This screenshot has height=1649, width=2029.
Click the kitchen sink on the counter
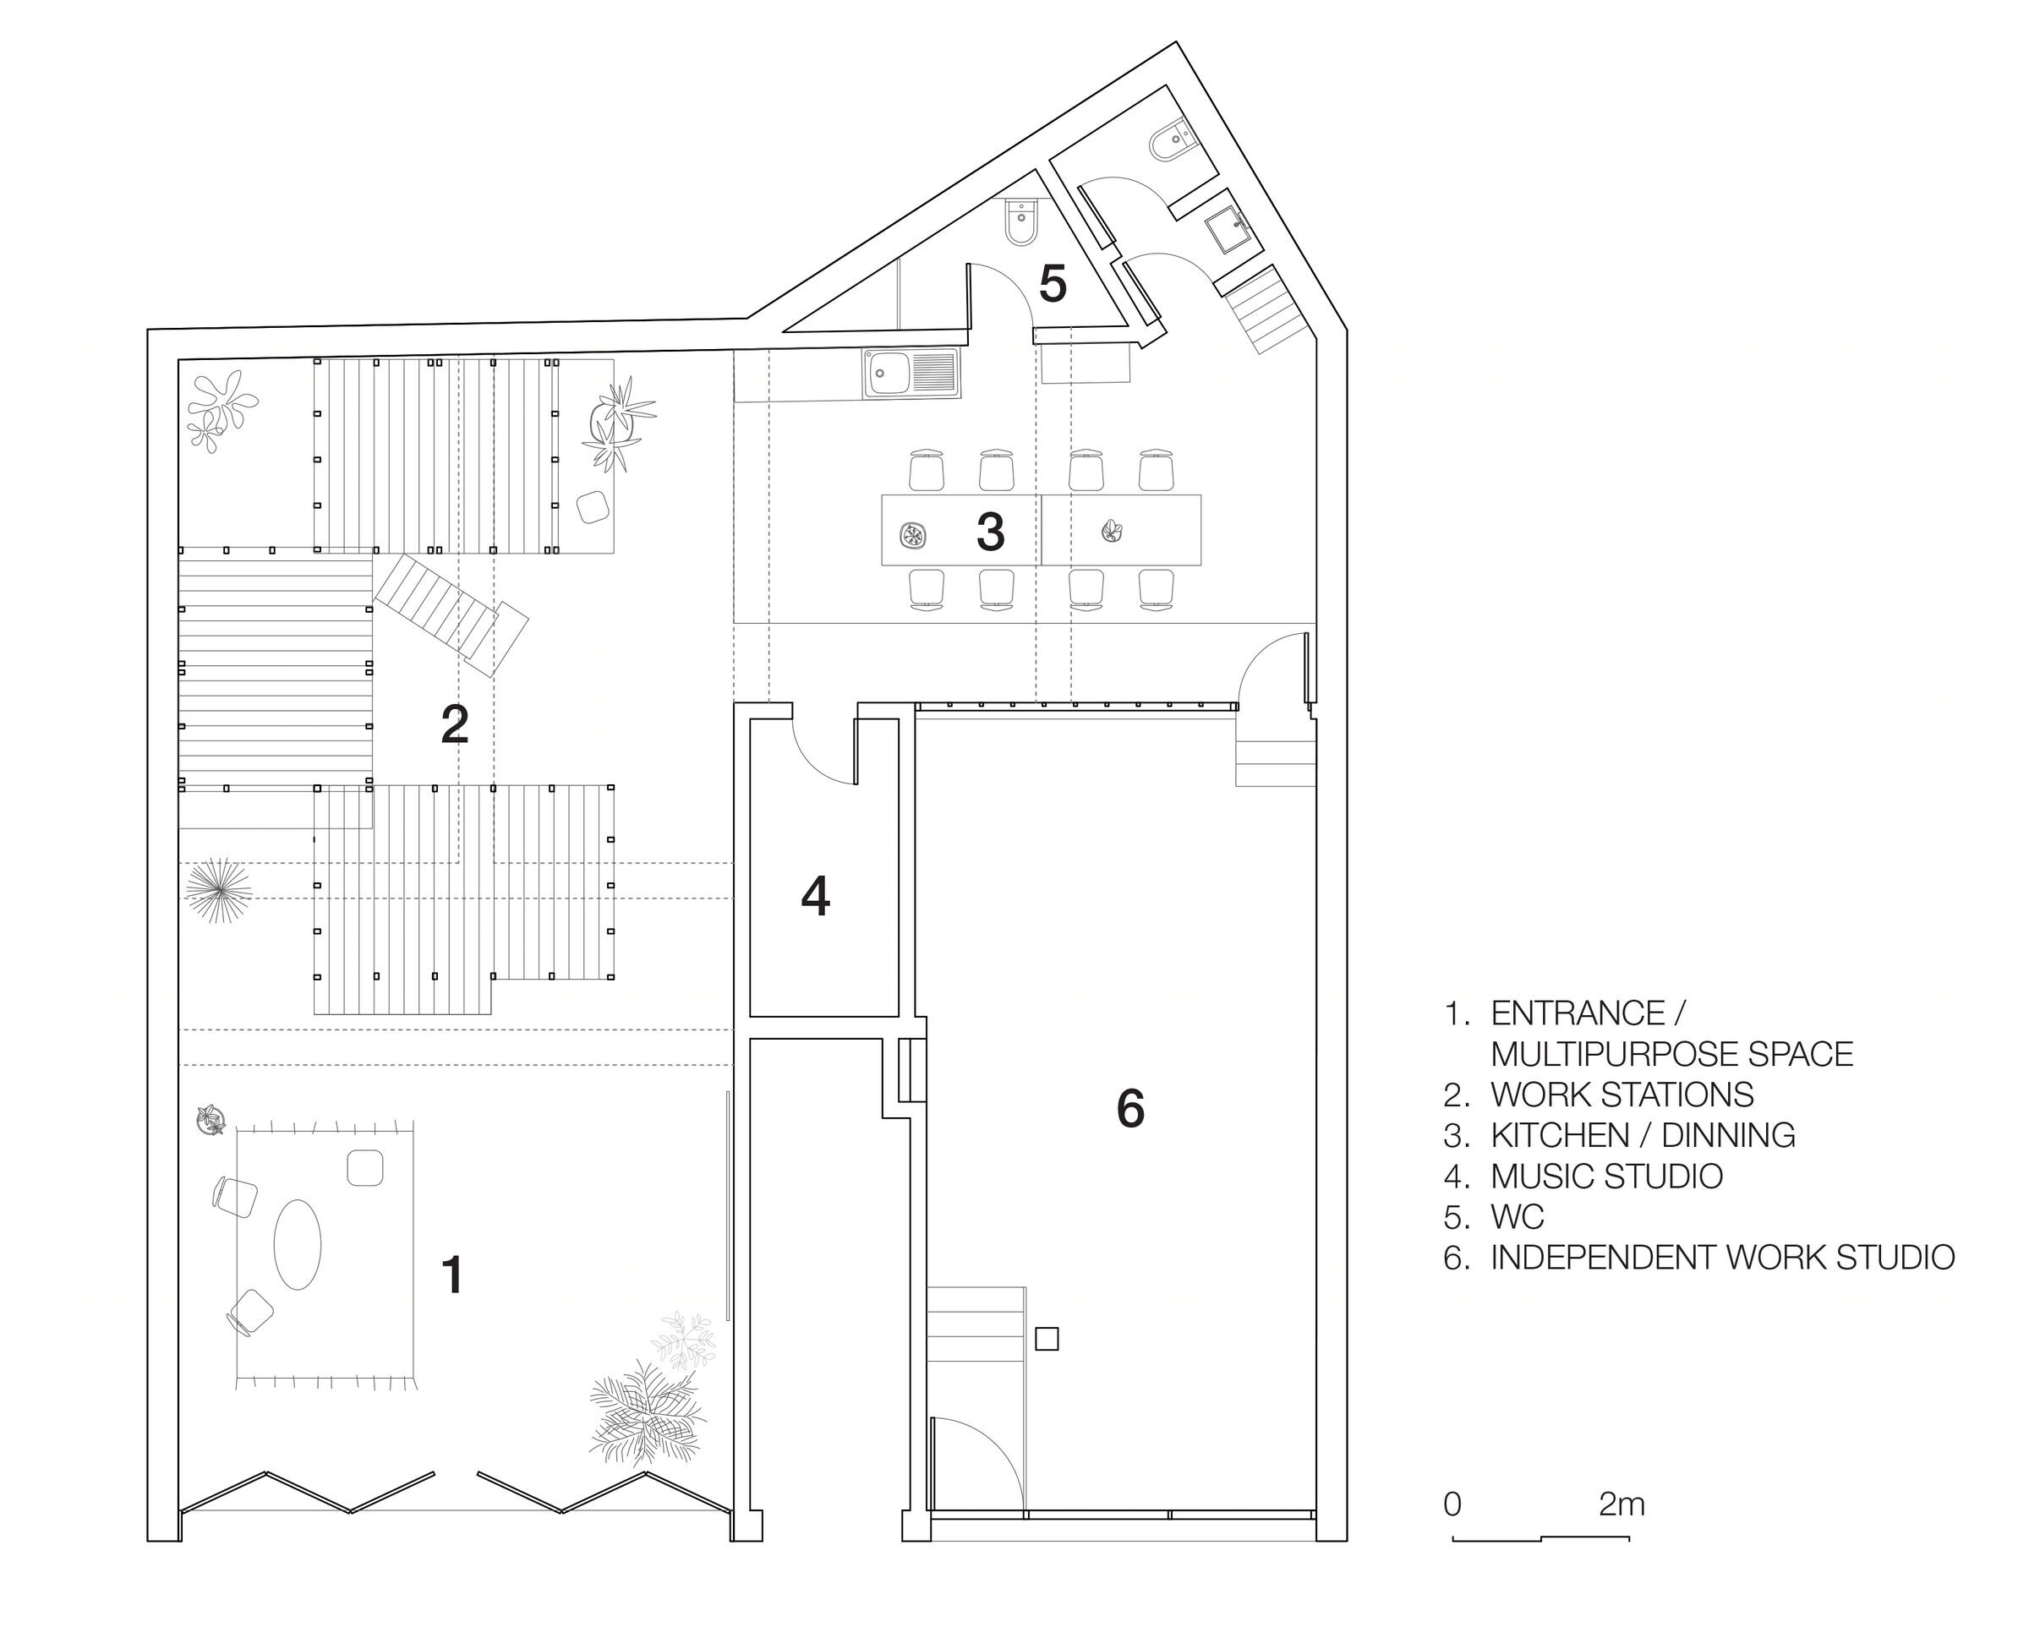[x=912, y=374]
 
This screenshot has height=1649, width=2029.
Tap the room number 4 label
[x=815, y=897]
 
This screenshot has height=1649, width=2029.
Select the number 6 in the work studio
[x=1130, y=1109]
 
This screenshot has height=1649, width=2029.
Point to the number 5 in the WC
[x=1053, y=283]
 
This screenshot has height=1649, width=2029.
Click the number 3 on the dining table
[x=991, y=532]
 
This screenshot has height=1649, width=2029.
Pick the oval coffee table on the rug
[x=298, y=1244]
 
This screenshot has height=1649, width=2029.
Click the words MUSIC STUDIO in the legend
[x=1606, y=1176]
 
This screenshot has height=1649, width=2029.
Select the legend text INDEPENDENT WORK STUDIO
[x=1722, y=1257]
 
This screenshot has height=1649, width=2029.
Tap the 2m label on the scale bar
[x=1622, y=1504]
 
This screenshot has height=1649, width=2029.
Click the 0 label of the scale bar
[x=1452, y=1504]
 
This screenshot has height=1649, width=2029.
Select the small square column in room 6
[x=1047, y=1339]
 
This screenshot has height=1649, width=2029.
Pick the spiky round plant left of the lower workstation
[x=218, y=891]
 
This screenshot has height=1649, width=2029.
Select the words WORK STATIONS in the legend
[x=1622, y=1095]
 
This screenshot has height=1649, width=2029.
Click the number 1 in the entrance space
[x=453, y=1275]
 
